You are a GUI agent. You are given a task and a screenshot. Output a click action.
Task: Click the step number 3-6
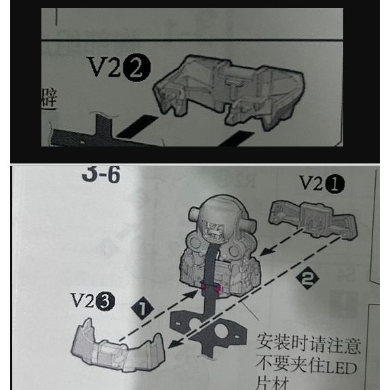pyautogui.click(x=100, y=175)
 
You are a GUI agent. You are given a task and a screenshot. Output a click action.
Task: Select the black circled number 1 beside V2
pyautogui.click(x=337, y=184)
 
